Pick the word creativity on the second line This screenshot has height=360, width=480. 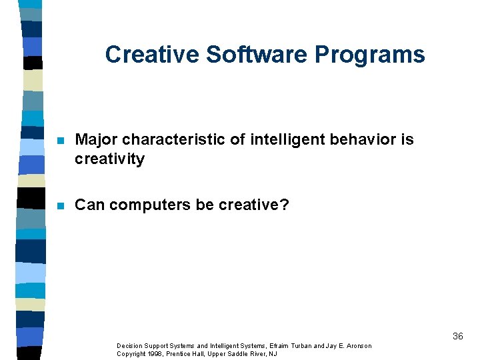click(x=109, y=159)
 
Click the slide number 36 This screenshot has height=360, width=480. click(x=457, y=336)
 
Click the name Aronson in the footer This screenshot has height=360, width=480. click(x=359, y=346)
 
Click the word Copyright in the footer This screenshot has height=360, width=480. click(x=131, y=353)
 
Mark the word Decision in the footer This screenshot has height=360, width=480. click(x=129, y=346)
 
